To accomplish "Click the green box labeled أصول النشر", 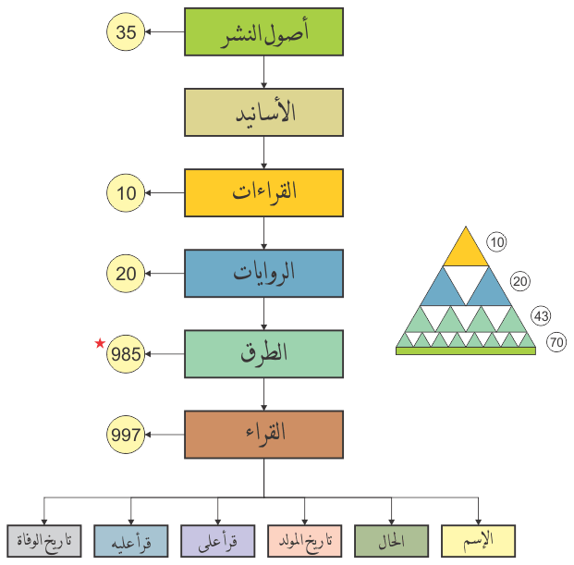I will (x=264, y=33).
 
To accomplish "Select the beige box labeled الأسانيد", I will (x=264, y=113).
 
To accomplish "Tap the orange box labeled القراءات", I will (x=264, y=193).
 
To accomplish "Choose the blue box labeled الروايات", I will (x=264, y=273).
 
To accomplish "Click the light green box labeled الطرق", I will (x=264, y=353).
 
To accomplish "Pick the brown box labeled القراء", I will (x=264, y=434).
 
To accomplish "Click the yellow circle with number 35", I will (x=127, y=33).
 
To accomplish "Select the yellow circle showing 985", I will (x=127, y=353).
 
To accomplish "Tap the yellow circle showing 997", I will (x=127, y=434).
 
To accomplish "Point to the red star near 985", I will (x=100, y=344).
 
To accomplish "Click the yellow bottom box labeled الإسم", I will (x=479, y=539).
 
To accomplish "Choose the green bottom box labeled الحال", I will (x=391, y=539).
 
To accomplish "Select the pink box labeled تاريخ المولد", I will (x=305, y=539).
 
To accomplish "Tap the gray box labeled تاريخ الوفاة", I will (x=44, y=539).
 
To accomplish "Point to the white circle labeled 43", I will (x=542, y=316).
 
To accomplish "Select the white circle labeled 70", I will (x=556, y=342).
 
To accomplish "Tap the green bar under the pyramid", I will (x=466, y=351).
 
